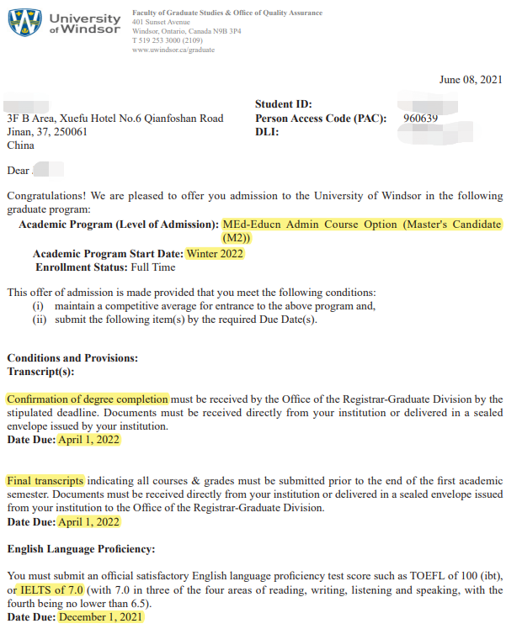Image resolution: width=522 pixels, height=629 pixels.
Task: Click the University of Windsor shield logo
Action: click(24, 24)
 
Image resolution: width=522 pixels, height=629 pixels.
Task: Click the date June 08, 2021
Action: click(471, 80)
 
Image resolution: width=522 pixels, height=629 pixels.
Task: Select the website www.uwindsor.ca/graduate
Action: click(173, 50)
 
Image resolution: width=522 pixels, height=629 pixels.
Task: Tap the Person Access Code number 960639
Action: click(421, 119)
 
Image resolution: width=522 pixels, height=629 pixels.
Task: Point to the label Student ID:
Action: click(284, 104)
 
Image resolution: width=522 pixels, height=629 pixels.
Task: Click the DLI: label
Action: click(267, 132)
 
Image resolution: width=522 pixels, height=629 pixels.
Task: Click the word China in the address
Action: click(21, 145)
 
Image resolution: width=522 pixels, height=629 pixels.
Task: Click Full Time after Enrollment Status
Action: click(153, 267)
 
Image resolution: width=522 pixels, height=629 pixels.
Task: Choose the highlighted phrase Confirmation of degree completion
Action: click(88, 399)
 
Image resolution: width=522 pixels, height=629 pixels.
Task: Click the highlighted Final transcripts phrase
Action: click(45, 481)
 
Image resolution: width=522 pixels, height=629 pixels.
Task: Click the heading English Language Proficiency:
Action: click(81, 549)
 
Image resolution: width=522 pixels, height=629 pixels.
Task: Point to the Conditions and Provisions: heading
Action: click(72, 357)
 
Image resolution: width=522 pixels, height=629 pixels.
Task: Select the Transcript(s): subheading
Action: click(40, 371)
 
